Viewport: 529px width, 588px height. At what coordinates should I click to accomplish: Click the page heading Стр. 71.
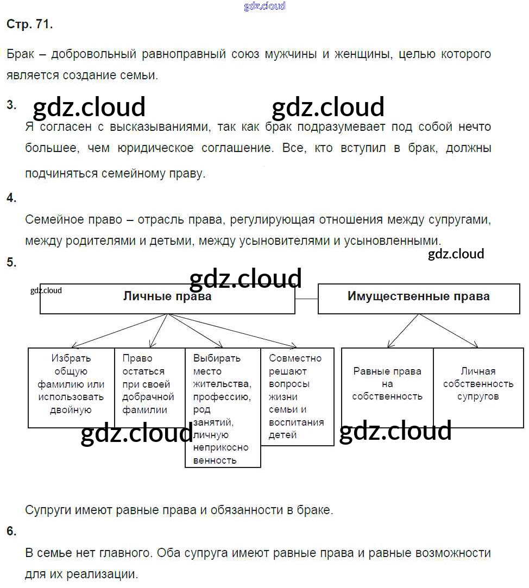tap(30, 24)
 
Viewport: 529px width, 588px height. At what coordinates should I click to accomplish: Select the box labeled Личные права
tap(167, 299)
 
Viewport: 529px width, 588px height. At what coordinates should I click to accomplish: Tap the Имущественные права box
tap(418, 298)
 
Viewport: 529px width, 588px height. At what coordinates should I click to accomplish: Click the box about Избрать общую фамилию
tap(71, 387)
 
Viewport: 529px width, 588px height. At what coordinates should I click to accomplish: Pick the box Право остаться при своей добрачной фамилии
tap(149, 387)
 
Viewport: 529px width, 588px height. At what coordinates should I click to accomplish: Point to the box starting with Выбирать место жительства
tap(223, 407)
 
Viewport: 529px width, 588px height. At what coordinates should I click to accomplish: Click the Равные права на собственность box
tap(387, 385)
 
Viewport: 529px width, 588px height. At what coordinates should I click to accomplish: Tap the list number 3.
tap(11, 105)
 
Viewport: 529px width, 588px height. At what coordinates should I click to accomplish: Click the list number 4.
tap(11, 198)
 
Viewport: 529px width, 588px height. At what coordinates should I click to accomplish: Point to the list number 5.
tap(11, 262)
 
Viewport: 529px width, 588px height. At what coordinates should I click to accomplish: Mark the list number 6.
tap(11, 532)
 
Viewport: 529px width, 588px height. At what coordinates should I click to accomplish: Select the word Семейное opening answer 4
tap(52, 220)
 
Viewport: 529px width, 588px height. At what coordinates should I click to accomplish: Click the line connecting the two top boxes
tap(306, 299)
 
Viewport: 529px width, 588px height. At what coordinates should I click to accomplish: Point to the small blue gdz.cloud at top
tap(264, 7)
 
